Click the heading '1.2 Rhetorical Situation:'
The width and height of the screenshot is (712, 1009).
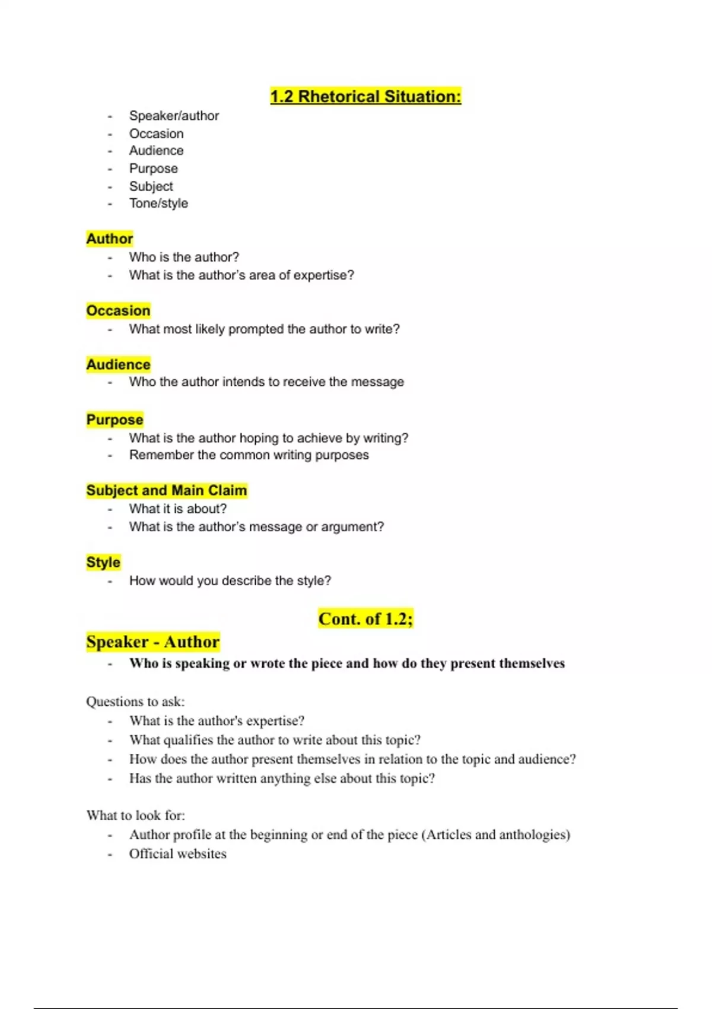(365, 96)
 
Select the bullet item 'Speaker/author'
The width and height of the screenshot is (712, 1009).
(174, 116)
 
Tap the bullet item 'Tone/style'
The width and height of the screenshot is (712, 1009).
(158, 203)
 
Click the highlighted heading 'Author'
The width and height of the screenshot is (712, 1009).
(110, 239)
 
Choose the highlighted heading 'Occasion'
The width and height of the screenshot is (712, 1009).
(118, 310)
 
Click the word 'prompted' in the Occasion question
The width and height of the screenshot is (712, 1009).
(256, 329)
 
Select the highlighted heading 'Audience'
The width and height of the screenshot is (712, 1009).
(118, 364)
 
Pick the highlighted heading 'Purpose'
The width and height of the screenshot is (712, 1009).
(115, 420)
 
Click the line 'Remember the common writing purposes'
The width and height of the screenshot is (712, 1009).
(249, 455)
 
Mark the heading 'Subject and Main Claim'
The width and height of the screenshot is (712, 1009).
(166, 490)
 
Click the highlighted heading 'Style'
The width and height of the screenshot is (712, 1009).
(103, 562)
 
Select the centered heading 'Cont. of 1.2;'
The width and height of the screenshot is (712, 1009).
(365, 618)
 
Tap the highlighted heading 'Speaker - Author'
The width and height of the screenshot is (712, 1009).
(152, 642)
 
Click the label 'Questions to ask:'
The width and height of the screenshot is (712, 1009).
(135, 702)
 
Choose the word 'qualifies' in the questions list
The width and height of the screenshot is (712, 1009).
(187, 740)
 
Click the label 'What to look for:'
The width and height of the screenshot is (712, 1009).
(135, 815)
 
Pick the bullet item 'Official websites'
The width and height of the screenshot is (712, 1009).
(177, 853)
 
